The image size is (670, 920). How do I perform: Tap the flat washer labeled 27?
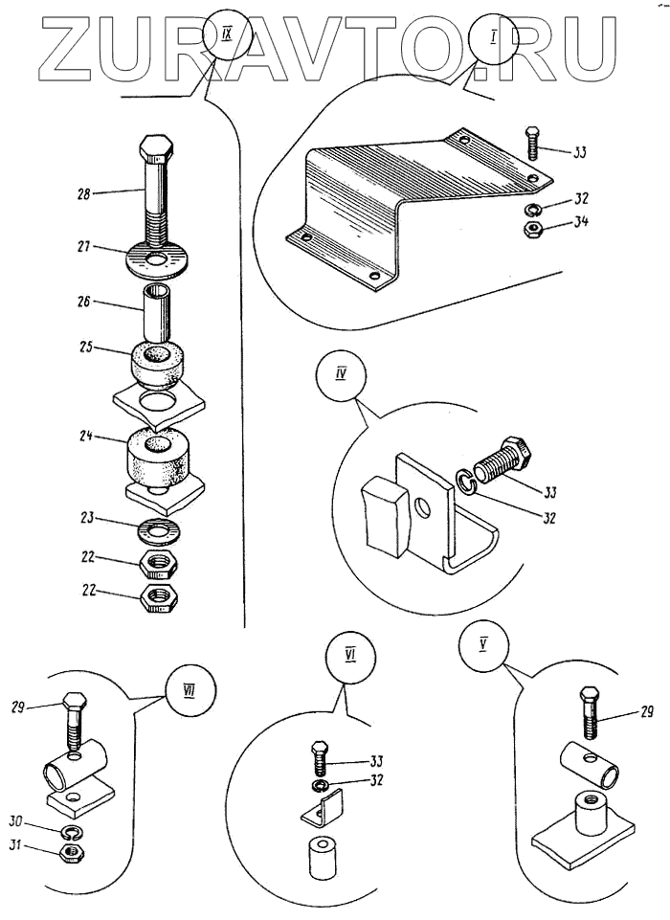click(157, 258)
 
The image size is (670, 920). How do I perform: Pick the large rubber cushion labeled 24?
click(157, 459)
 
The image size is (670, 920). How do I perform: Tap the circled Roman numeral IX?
click(227, 40)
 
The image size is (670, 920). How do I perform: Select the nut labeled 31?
click(69, 849)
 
